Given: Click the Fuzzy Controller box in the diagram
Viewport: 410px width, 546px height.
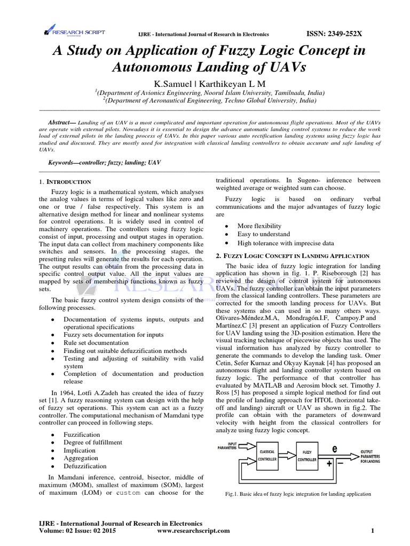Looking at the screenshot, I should coord(306,455).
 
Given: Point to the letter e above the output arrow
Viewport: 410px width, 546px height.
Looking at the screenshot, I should coord(335,449).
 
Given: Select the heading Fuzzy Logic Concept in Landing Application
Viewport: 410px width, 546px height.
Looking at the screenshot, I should coord(293,256).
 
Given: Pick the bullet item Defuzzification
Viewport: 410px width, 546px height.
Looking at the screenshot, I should coord(85,465).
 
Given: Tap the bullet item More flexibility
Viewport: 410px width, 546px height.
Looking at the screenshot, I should coord(259,226).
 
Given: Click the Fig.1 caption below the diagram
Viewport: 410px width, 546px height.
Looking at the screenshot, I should coord(298,494).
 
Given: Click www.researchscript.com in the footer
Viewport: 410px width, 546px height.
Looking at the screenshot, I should coord(194,531).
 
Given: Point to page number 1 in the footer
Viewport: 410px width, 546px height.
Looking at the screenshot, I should coord(373,531).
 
